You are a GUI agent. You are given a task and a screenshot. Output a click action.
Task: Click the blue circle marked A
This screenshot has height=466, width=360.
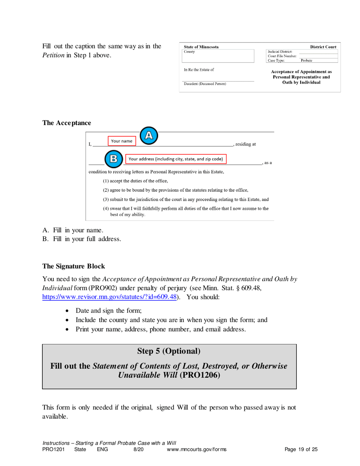pos(149,135)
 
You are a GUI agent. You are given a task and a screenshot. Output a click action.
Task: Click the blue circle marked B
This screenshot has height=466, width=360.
pos(113,159)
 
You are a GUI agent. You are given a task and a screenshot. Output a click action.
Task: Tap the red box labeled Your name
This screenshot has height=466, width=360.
pos(121,141)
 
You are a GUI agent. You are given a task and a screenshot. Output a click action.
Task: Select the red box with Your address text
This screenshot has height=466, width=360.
pos(175,159)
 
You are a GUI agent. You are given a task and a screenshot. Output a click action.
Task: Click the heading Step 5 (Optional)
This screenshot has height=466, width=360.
pos(169,351)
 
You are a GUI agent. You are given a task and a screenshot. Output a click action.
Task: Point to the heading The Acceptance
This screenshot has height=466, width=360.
pos(66,123)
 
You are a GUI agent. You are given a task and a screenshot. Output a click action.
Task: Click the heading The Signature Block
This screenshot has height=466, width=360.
pos(74,266)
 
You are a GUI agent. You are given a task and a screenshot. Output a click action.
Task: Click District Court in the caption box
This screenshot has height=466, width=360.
pos(323,47)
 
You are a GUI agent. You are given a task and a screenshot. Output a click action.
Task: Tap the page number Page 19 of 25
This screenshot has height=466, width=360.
pos(301,450)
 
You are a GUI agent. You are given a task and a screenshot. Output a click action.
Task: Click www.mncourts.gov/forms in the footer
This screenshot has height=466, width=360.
pos(196,450)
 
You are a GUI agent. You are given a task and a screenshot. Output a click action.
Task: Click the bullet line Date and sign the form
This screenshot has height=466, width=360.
pos(109,311)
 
